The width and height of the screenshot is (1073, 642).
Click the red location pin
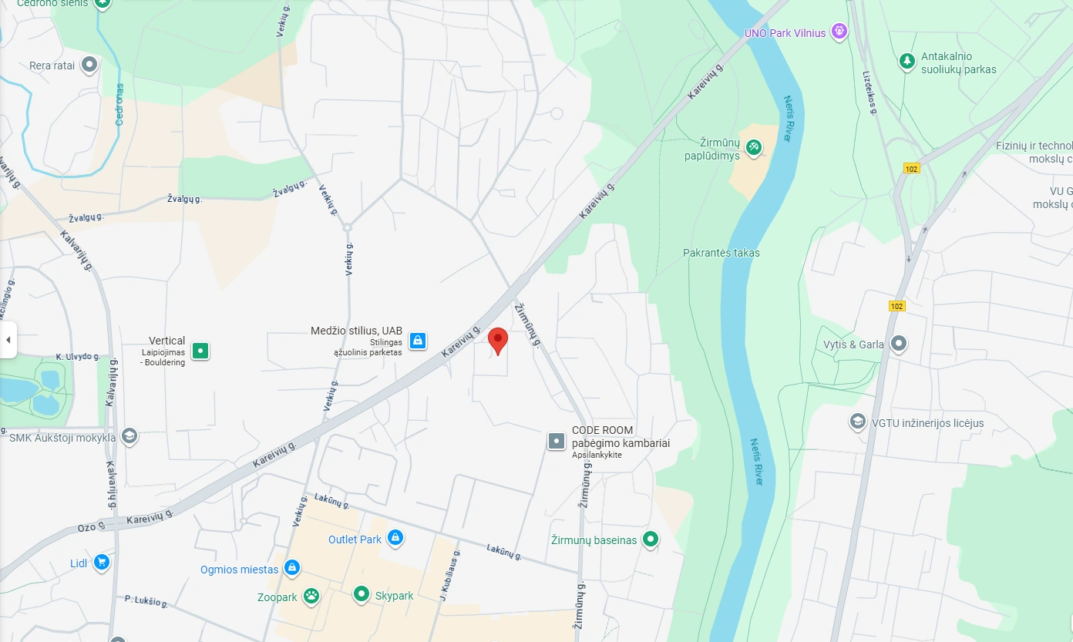point(498,340)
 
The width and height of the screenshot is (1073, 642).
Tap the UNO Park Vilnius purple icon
point(839,32)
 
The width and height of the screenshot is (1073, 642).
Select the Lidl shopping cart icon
point(101,563)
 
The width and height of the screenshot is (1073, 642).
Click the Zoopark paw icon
point(311,596)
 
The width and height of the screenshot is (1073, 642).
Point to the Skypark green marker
point(362,594)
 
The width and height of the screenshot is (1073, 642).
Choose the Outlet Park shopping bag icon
point(395,537)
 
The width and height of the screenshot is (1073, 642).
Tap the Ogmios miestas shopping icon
point(291,569)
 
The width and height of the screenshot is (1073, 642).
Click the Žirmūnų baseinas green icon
point(651,539)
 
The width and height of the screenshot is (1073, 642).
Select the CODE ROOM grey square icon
point(557,441)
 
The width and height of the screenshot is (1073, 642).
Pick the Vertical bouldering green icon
point(200,351)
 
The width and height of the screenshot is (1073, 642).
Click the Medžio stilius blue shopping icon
point(418,340)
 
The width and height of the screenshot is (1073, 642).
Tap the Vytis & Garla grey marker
point(898,344)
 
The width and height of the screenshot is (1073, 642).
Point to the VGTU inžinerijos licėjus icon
point(857,422)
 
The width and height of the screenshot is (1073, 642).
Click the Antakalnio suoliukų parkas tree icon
point(907,61)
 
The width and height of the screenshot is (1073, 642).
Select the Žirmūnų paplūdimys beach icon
point(754,147)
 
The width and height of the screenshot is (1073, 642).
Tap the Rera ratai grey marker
point(89,65)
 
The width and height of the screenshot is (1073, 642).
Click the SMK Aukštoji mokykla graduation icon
point(129,436)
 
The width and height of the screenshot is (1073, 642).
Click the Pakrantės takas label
point(721,253)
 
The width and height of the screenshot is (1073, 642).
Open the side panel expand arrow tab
point(8,340)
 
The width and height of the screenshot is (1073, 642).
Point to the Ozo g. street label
point(87,528)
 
